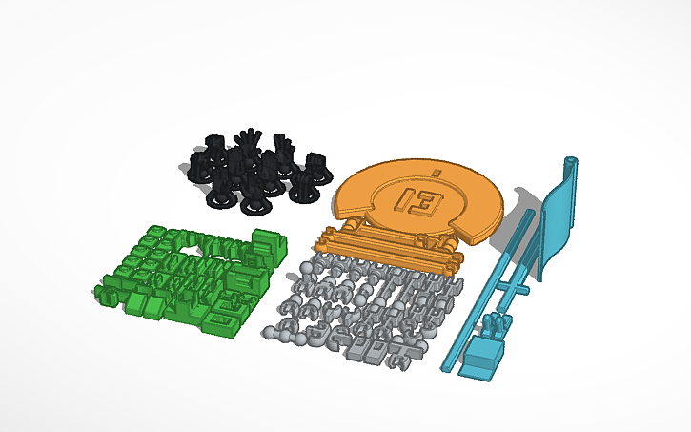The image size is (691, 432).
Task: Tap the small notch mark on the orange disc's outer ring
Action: click(435, 172)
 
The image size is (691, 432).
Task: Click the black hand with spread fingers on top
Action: click(249, 142)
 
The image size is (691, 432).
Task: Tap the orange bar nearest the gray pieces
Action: click(391, 259)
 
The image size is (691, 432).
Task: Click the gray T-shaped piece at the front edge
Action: click(408, 354)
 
